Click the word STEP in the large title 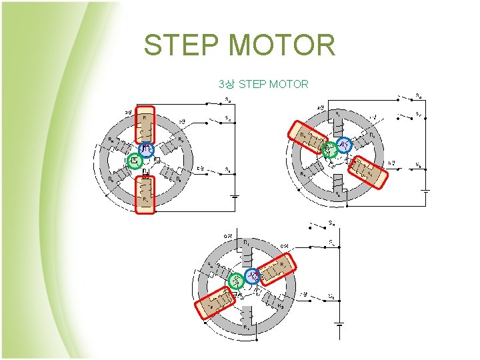pos(182,45)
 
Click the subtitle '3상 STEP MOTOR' pos(263,85)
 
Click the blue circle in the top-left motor pos(146,150)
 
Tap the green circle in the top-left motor pos(134,160)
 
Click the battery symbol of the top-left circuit pos(234,196)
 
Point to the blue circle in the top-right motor pos(344,145)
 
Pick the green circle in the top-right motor pos(327,149)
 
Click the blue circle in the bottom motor pos(253,275)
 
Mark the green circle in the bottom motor pos(235,281)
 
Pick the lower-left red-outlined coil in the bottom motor pos(216,303)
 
